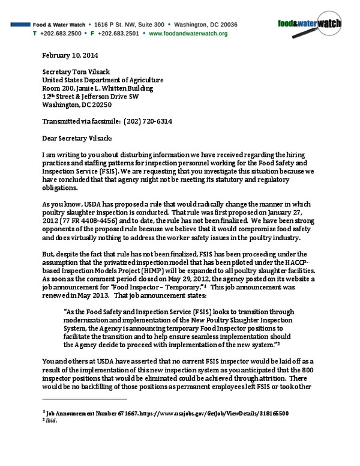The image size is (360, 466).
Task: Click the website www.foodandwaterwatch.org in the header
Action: click(x=188, y=34)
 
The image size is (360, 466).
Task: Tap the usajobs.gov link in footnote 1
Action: click(x=203, y=414)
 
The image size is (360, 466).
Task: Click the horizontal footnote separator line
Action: click(x=85, y=398)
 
